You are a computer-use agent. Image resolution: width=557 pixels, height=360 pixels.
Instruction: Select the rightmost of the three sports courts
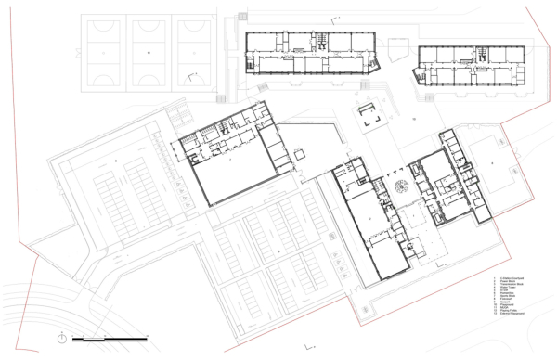pyautogui.click(x=193, y=54)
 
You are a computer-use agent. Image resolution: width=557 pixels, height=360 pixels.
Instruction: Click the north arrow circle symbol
pyautogui.click(x=61, y=339)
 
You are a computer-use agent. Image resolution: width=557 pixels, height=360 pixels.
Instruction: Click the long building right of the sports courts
pyautogui.click(x=311, y=52)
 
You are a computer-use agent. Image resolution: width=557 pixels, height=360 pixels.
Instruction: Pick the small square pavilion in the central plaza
pyautogui.click(x=371, y=115)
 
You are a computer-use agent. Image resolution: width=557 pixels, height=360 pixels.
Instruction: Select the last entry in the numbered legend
pyautogui.click(x=509, y=319)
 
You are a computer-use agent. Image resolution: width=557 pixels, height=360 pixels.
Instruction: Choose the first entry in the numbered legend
pyautogui.click(x=509, y=276)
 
